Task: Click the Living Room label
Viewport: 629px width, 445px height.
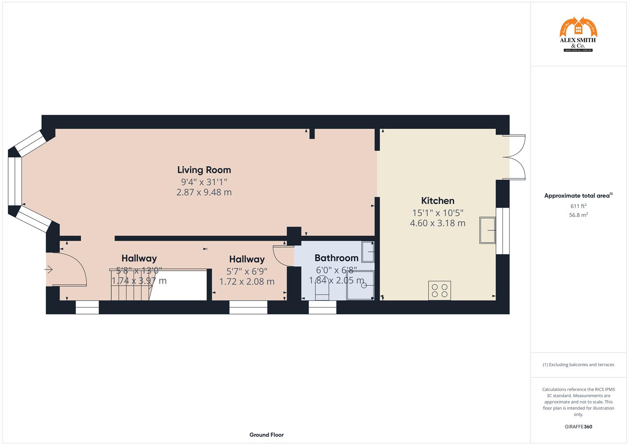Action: (x=204, y=170)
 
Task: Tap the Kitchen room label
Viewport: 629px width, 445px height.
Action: (x=437, y=201)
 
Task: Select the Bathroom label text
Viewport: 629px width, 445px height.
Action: (x=336, y=258)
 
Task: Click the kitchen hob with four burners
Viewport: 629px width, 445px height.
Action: (x=440, y=290)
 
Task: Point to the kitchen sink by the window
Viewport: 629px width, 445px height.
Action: (x=487, y=230)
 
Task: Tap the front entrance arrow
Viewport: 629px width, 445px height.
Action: (x=49, y=270)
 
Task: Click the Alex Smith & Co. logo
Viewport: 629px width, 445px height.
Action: (x=578, y=35)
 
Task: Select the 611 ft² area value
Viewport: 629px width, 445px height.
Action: (x=578, y=206)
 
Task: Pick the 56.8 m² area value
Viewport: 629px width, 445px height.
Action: (x=578, y=215)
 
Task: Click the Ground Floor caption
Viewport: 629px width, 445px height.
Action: (x=266, y=435)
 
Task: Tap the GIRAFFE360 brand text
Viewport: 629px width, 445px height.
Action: (x=578, y=427)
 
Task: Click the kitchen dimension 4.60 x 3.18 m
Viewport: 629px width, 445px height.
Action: (x=437, y=223)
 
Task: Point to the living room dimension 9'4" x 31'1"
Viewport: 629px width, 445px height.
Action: (x=204, y=182)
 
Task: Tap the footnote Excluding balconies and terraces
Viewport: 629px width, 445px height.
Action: (x=578, y=365)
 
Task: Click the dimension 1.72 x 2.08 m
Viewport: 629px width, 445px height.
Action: (x=247, y=282)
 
